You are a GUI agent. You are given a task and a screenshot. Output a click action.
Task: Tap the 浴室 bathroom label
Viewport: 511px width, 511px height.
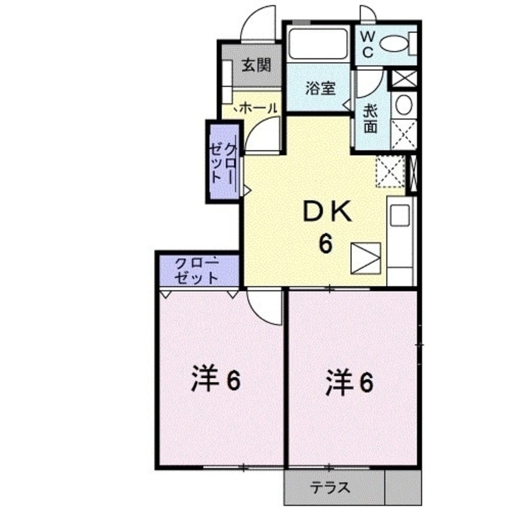320,88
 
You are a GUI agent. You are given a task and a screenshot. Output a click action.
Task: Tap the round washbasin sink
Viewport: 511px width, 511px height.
404,105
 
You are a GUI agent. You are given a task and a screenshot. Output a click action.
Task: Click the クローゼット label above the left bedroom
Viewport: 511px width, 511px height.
197,271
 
